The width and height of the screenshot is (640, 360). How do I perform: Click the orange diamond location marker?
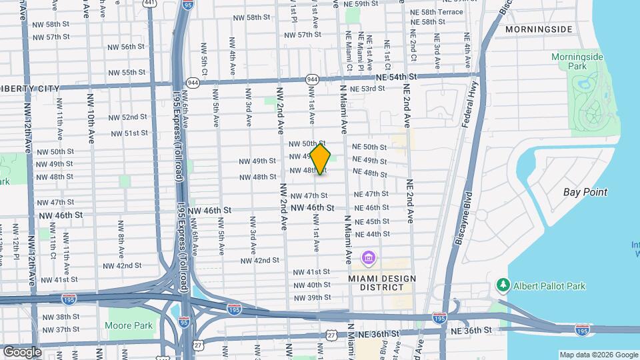click(320, 159)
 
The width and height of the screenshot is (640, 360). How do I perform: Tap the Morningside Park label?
click(577, 62)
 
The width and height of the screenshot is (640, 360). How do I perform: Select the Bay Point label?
click(585, 192)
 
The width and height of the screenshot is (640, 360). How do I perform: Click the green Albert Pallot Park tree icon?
click(503, 285)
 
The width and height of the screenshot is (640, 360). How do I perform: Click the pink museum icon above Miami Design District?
click(368, 257)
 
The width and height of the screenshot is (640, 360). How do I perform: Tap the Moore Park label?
click(129, 325)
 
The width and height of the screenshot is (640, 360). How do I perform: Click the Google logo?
click(23, 351)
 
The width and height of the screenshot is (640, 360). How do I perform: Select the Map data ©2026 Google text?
click(598, 355)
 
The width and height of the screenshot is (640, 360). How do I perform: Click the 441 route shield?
click(149, 3)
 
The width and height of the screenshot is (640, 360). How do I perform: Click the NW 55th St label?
click(127, 72)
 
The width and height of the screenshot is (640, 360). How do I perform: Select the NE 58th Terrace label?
click(437, 12)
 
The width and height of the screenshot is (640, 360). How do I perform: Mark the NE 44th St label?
click(373, 234)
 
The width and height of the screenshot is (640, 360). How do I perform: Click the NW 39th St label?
click(312, 297)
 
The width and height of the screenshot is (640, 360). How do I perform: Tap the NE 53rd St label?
click(369, 89)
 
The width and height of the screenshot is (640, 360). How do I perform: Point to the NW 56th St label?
click(127, 47)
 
